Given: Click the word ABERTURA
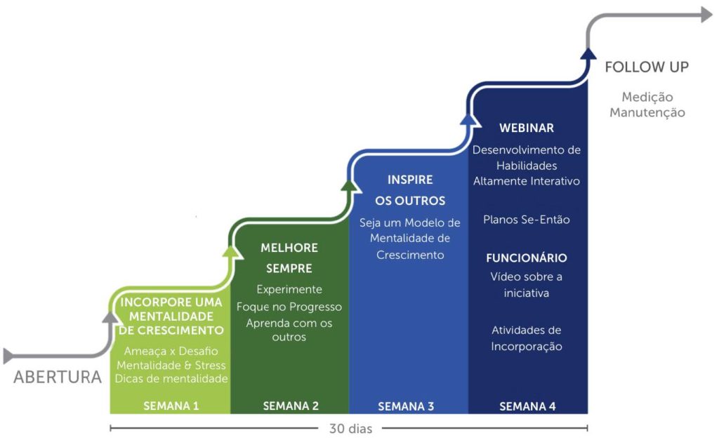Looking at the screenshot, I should (58, 377).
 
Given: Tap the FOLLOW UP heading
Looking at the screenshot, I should (647, 67).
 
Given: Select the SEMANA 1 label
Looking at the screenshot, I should (171, 406).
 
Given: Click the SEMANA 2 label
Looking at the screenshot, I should (291, 406).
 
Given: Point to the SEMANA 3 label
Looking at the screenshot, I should (406, 406).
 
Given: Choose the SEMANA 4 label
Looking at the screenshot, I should (527, 406).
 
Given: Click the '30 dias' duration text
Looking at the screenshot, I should (350, 427).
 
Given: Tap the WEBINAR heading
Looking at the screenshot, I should (527, 128).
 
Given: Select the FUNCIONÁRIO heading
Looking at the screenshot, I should (527, 258).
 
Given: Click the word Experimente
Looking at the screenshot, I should (289, 289).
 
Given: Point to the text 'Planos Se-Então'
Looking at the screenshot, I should (527, 220).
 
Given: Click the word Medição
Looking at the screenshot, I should (647, 97).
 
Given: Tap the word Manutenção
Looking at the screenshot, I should (647, 112).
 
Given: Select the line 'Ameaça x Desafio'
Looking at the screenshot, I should (171, 351).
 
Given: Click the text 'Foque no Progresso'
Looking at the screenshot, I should (289, 307).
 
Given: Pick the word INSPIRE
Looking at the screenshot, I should (410, 180).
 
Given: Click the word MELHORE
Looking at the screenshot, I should (289, 248).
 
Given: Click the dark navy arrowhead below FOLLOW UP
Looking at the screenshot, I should (589, 53).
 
